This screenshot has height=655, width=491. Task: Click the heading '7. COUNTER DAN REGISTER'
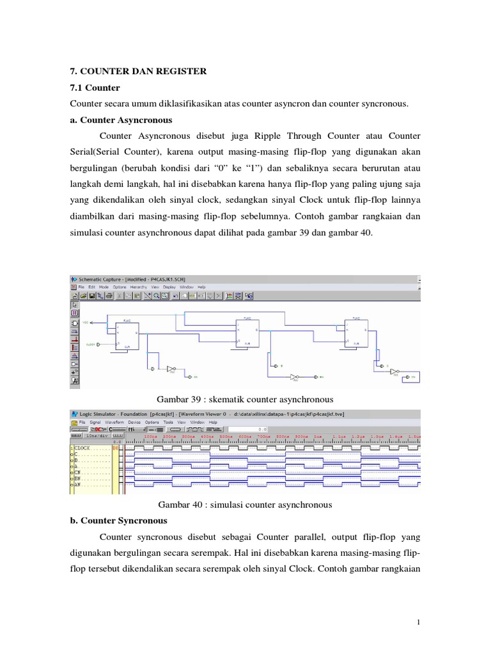137,72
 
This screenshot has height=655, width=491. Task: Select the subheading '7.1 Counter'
93,88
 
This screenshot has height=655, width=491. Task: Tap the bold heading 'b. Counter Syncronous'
118,520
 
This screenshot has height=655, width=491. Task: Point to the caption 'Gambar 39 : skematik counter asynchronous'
245,399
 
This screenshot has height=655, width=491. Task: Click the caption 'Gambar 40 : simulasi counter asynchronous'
245,505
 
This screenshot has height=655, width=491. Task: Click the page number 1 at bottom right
417,622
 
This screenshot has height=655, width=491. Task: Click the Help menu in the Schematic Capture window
201,288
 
